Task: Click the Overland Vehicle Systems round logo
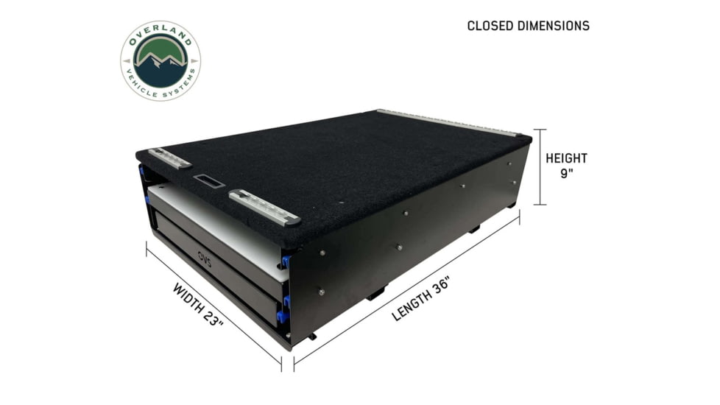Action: tap(160, 60)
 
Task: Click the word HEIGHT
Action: tap(567, 158)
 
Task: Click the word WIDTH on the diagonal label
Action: tap(188, 297)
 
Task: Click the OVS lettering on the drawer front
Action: tap(205, 256)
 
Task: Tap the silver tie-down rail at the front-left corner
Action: tap(169, 158)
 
